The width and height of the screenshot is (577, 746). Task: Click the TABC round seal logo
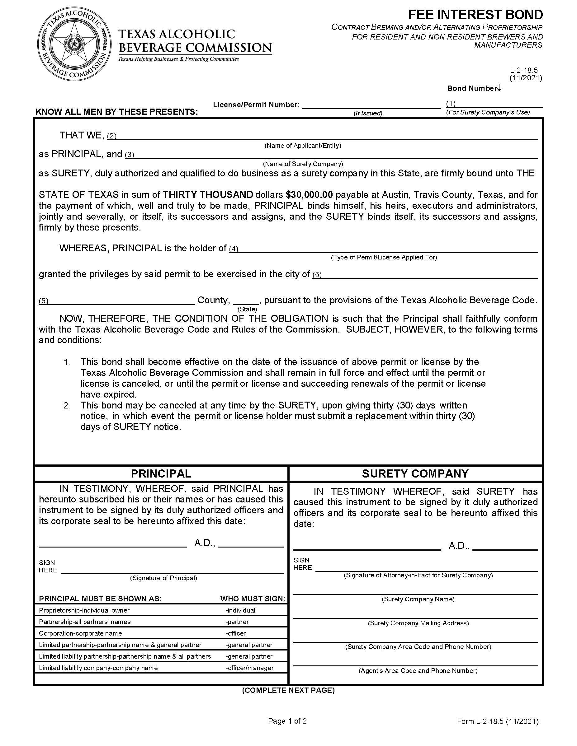[74, 44]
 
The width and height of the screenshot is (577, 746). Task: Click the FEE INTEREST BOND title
[475, 15]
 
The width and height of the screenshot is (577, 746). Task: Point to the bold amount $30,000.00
[309, 195]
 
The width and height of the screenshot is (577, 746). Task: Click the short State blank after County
[246, 301]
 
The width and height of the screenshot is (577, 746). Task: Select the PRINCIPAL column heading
[161, 473]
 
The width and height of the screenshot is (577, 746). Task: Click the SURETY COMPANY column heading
[415, 473]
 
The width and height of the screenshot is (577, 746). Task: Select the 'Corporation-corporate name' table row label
[80, 633]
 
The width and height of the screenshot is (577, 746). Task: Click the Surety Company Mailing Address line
[415, 614]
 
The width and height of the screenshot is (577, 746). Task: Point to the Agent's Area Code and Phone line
[415, 662]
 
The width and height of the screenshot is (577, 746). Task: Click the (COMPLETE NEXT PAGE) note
[288, 690]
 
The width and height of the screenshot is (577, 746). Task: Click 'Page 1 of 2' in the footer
[287, 721]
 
